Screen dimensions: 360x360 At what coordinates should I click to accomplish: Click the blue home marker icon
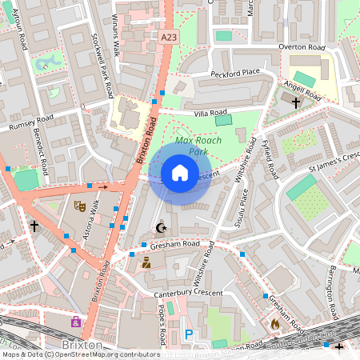(x=180, y=173)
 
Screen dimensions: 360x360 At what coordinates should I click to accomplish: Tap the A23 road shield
(x=168, y=37)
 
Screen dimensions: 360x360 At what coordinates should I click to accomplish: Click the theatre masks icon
(x=79, y=206)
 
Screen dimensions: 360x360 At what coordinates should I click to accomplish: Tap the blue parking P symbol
(x=189, y=334)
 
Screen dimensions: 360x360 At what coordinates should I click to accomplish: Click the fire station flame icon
(x=276, y=324)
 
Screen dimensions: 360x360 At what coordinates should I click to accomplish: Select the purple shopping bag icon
(x=76, y=322)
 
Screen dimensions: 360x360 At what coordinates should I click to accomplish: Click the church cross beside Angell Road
(x=296, y=102)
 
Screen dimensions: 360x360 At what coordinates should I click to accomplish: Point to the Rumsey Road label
(x=30, y=123)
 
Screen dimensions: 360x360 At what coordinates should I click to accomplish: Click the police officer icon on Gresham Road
(x=146, y=262)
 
